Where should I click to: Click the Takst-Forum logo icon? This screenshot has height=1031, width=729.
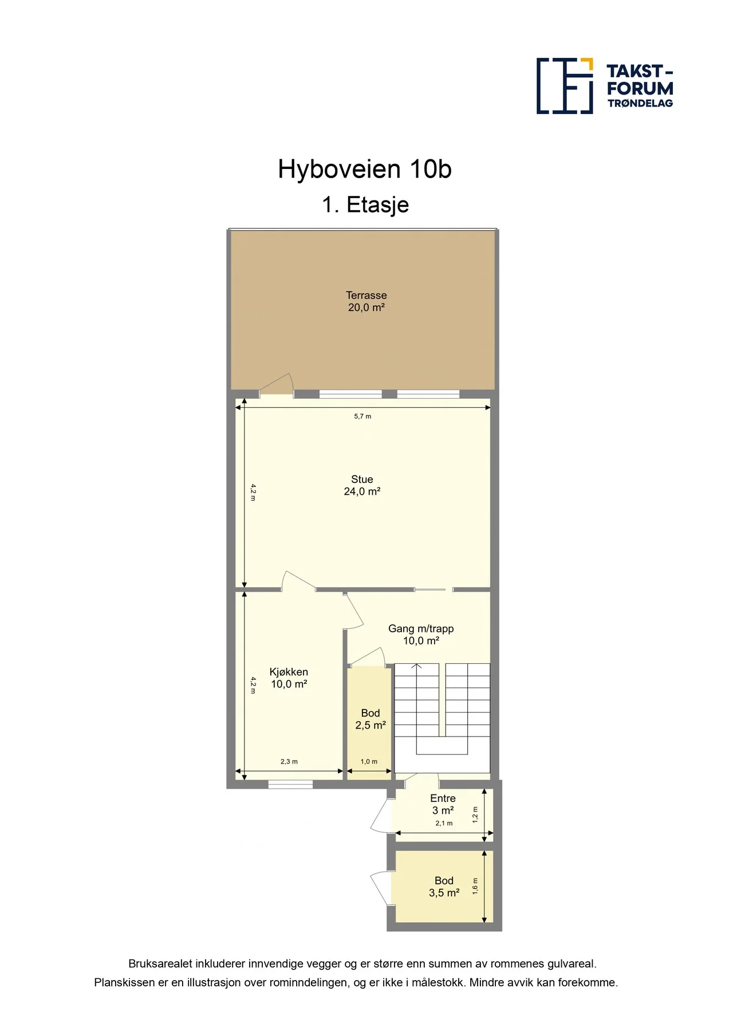(565, 86)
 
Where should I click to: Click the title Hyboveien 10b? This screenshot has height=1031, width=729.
(365, 169)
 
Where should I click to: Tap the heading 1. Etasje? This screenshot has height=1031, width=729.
(365, 204)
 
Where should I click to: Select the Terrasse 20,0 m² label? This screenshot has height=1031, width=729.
(367, 301)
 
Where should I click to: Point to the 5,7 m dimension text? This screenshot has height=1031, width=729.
(362, 416)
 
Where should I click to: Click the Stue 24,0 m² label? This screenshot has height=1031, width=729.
(362, 485)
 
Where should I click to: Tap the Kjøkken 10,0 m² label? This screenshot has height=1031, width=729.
(289, 678)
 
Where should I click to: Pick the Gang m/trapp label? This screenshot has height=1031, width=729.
(421, 628)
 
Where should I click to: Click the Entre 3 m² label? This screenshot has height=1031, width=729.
(443, 804)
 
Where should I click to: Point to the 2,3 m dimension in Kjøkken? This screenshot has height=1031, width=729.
(289, 761)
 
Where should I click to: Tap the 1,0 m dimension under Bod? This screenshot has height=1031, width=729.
(369, 761)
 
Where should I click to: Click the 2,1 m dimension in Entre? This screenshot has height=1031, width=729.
(444, 823)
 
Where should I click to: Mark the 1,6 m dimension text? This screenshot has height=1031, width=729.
(475, 886)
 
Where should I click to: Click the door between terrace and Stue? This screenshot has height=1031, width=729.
(277, 387)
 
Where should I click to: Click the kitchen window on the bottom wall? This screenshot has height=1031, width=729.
(290, 784)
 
